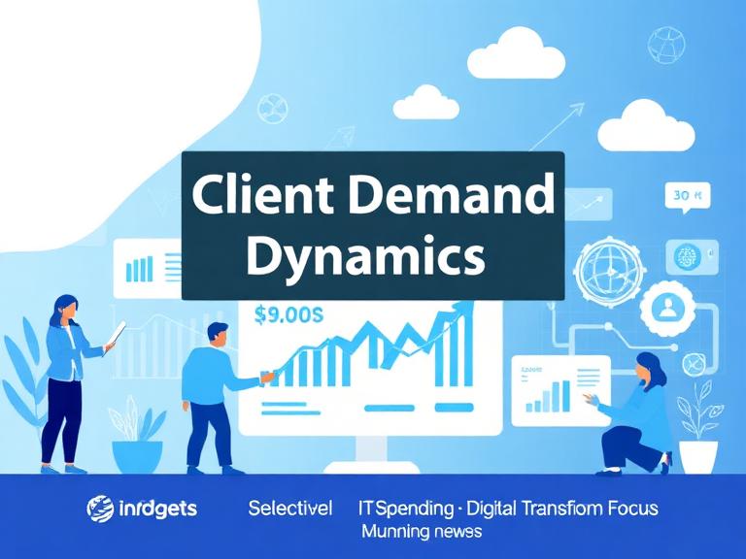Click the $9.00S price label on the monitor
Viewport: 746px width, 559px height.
(x=288, y=314)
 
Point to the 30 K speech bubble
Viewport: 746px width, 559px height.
(x=688, y=196)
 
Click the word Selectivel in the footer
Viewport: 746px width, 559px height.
(x=289, y=508)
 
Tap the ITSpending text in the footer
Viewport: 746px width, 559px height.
(x=405, y=508)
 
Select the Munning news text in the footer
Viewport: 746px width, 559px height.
(x=422, y=532)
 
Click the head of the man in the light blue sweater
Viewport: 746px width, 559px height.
(x=219, y=336)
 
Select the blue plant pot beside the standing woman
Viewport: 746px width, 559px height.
(x=137, y=455)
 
